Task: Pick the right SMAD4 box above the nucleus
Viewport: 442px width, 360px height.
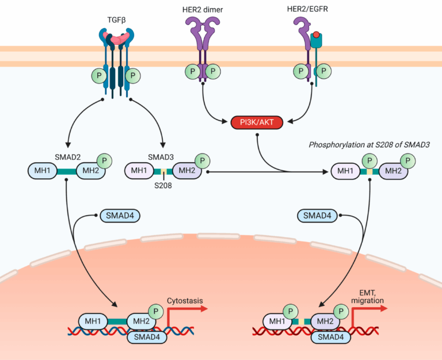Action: pos(318,216)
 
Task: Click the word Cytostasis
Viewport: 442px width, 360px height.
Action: pos(185,300)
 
